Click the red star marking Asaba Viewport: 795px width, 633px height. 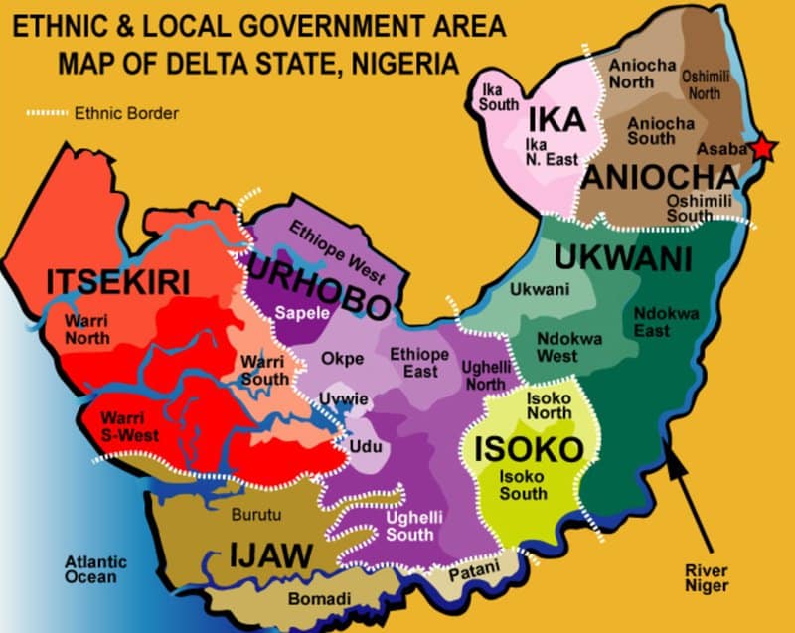pyautogui.click(x=762, y=149)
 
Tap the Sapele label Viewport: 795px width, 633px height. pyautogui.click(x=302, y=309)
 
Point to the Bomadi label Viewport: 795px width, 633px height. pyautogui.click(x=319, y=598)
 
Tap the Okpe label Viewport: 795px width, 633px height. pyautogui.click(x=342, y=359)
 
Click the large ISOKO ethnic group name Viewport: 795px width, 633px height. pyautogui.click(x=528, y=449)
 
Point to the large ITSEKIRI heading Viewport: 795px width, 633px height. pyautogui.click(x=117, y=282)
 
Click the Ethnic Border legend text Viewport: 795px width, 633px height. pyautogui.click(x=126, y=113)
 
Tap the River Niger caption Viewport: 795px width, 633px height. pyautogui.click(x=708, y=577)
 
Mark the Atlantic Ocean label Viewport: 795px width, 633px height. pyautogui.click(x=89, y=568)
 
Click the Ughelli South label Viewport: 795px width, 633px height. pyautogui.click(x=409, y=525)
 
